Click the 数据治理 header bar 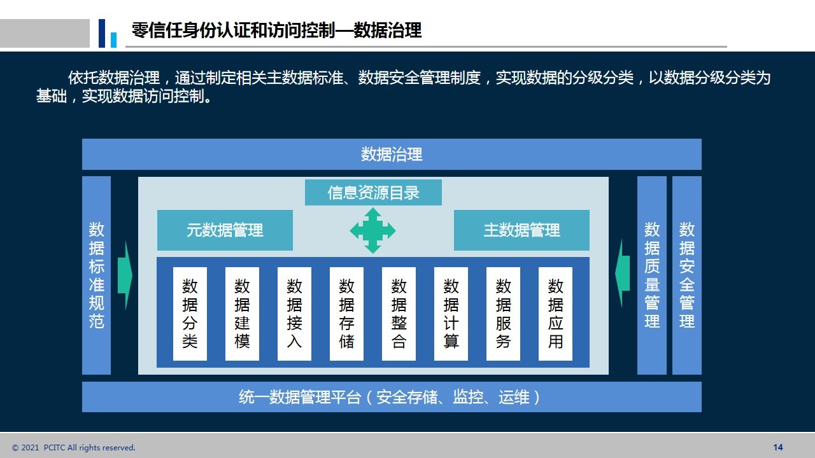tap(392, 154)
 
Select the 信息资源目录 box tap(373, 192)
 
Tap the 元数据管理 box tap(225, 230)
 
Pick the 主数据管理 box tap(521, 230)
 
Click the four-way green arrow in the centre tap(372, 230)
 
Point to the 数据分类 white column tap(190, 314)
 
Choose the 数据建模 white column tap(242, 314)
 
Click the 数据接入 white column tap(294, 314)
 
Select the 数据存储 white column tap(346, 314)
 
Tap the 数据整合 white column tap(399, 314)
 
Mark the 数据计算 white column tap(451, 314)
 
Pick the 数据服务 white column tap(503, 314)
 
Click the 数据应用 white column tap(555, 314)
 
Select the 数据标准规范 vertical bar tap(96, 275)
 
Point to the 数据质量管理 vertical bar tap(652, 275)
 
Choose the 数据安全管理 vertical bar tap(687, 275)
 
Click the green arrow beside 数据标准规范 tap(125, 275)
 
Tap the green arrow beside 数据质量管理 tap(622, 274)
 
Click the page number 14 tap(778, 447)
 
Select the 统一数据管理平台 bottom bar tap(392, 396)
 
